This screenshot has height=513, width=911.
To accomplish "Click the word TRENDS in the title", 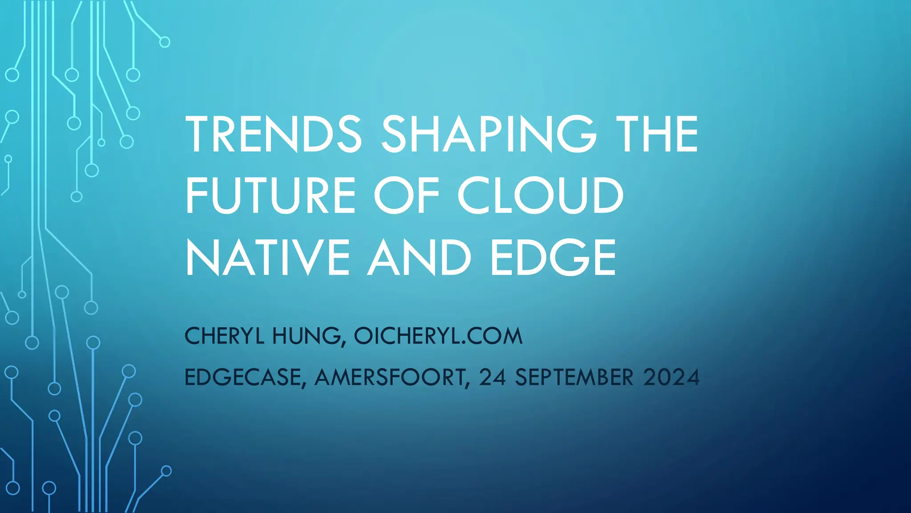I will point(274,134).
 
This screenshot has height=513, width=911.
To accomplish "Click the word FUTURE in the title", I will point(270,195).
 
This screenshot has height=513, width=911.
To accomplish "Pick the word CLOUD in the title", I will point(540,195).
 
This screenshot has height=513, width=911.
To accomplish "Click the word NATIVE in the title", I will point(268,257).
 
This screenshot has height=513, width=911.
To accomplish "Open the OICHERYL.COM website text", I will point(438,336).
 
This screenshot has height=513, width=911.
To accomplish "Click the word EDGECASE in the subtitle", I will point(243,378).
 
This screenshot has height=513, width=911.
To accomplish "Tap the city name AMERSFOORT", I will point(390,378).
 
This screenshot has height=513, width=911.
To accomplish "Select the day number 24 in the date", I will point(492,378).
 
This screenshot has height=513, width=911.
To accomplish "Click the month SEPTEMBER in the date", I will point(574,378).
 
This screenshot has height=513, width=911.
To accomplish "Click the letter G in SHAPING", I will point(576,134).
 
